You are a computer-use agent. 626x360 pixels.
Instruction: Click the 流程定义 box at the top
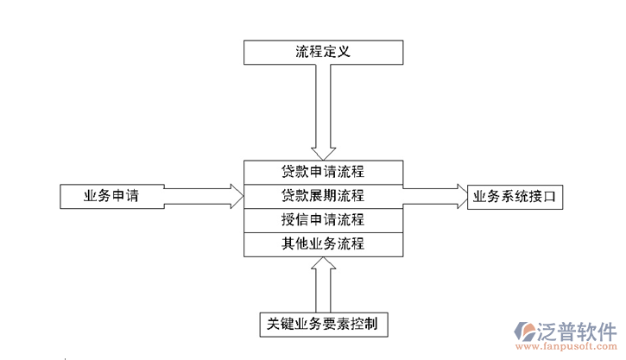coord(323,52)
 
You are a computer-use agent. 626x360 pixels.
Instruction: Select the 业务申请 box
coord(111,196)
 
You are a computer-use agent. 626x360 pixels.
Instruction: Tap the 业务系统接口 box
coord(515,197)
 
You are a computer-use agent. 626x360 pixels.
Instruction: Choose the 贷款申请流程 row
coord(323,171)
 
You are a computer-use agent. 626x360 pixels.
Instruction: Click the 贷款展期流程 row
coord(323,195)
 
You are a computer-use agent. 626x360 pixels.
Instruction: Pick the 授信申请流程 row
coord(323,219)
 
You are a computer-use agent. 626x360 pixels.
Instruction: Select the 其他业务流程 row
coord(323,244)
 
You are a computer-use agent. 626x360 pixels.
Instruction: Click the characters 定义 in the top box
coord(338,52)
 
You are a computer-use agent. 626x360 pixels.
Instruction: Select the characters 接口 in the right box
coord(541,197)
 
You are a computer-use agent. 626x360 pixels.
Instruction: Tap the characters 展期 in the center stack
coord(323,195)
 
